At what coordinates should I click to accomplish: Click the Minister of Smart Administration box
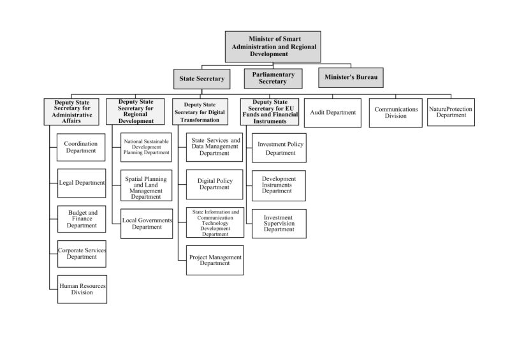[273, 47]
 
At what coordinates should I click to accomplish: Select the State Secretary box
[201, 79]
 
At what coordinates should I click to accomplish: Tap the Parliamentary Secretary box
[273, 78]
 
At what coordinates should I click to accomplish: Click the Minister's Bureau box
[351, 77]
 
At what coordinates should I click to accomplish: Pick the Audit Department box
[333, 113]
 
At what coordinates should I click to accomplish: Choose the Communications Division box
[396, 113]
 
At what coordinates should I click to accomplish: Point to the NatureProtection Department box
[451, 112]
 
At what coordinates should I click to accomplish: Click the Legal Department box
[82, 183]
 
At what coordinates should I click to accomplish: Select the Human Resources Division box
[82, 289]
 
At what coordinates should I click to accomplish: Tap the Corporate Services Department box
[82, 254]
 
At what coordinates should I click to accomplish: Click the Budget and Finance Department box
[82, 219]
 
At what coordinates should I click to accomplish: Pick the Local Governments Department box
[147, 224]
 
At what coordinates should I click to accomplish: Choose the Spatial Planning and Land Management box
[146, 185]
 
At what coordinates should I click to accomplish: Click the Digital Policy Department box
[215, 184]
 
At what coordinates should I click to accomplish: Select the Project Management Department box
[215, 260]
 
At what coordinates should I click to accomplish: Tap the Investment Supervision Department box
[279, 224]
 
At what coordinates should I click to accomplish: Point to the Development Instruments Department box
[279, 185]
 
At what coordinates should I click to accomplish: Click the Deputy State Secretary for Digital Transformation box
[200, 112]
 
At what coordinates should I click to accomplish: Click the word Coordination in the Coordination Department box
[81, 144]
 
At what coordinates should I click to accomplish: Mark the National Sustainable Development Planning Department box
[146, 147]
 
